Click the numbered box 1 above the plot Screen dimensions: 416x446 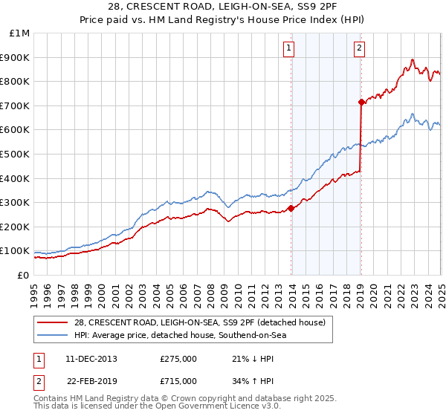tap(288, 50)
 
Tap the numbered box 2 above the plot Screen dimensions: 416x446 tap(359, 50)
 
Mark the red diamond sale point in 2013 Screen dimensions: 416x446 tap(291, 208)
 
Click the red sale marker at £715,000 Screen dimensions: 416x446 tap(361, 102)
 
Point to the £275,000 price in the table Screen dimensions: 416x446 tap(178, 359)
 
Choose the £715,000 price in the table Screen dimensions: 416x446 tap(178, 381)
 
